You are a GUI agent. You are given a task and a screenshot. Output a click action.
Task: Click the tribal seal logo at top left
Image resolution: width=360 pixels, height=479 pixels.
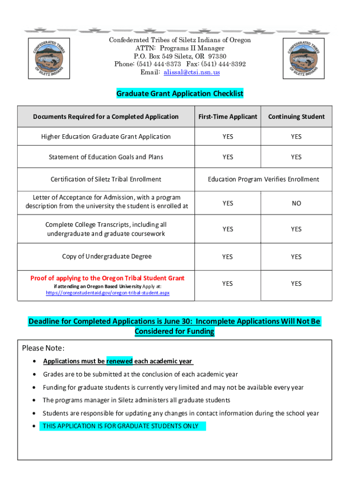tap(49, 58)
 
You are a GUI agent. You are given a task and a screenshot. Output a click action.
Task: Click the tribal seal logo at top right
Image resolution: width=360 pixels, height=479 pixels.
tap(304, 58)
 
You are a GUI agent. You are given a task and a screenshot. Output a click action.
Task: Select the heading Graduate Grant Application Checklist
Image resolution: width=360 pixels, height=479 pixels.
tap(180, 94)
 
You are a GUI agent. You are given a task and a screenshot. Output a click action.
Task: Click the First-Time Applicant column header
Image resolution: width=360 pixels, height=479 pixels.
tap(228, 116)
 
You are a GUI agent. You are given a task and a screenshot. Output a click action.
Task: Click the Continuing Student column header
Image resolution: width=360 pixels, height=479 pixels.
tap(296, 116)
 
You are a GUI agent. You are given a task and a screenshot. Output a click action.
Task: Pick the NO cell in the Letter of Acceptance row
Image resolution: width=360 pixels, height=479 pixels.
tap(296, 203)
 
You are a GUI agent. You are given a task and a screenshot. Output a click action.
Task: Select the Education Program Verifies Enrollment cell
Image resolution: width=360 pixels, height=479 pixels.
tap(263, 179)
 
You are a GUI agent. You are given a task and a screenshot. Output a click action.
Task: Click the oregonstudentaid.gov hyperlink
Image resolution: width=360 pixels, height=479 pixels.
tap(108, 293)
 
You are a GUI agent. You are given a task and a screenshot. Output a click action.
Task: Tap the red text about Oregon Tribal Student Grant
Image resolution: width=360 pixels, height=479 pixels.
tap(108, 278)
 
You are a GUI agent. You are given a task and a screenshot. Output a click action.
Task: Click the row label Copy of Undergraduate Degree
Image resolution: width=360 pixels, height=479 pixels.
tap(107, 256)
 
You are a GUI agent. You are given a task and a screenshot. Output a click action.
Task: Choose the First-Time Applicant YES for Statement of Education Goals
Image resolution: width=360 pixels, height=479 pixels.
tap(228, 157)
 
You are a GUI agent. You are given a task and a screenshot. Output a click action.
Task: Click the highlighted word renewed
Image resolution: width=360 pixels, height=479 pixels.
tap(119, 361)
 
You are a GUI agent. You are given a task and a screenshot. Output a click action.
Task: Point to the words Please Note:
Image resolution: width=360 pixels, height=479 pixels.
tap(43, 348)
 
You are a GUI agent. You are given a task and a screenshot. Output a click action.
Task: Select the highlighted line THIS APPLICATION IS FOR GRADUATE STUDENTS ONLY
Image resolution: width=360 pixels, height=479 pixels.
tap(121, 426)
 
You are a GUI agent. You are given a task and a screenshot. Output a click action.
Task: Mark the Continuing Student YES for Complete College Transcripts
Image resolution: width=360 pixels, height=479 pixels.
tap(296, 229)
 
